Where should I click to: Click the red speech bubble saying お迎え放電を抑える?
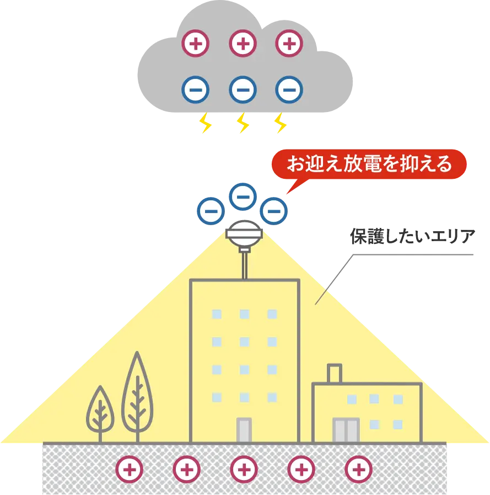(x=369, y=164)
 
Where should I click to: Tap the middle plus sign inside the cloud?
(x=243, y=43)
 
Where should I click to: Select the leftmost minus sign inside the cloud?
(x=196, y=89)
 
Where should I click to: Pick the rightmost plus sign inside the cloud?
(x=289, y=43)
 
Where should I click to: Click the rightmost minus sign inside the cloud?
(x=289, y=89)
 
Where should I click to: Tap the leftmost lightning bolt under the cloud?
(x=205, y=124)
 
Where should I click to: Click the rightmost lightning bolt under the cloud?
(x=280, y=124)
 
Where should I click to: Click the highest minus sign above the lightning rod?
(x=243, y=196)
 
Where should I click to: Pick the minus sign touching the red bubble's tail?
(x=274, y=210)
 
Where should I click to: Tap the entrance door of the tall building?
(x=244, y=430)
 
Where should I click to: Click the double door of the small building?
(x=346, y=430)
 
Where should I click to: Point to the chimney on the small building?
(x=334, y=374)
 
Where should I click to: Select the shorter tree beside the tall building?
(x=100, y=411)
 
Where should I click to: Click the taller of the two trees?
(x=137, y=395)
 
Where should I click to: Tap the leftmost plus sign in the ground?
(x=129, y=470)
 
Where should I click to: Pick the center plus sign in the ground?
(x=244, y=470)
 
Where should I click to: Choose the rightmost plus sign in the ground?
(x=358, y=470)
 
